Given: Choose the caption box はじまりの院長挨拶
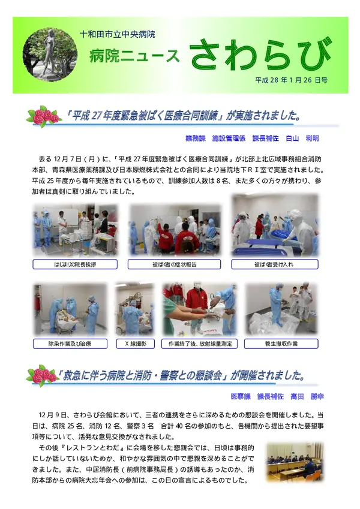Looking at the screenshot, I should [75, 264].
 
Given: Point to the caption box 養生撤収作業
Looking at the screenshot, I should [280, 344].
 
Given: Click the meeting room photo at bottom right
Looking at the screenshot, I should [294, 462].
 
